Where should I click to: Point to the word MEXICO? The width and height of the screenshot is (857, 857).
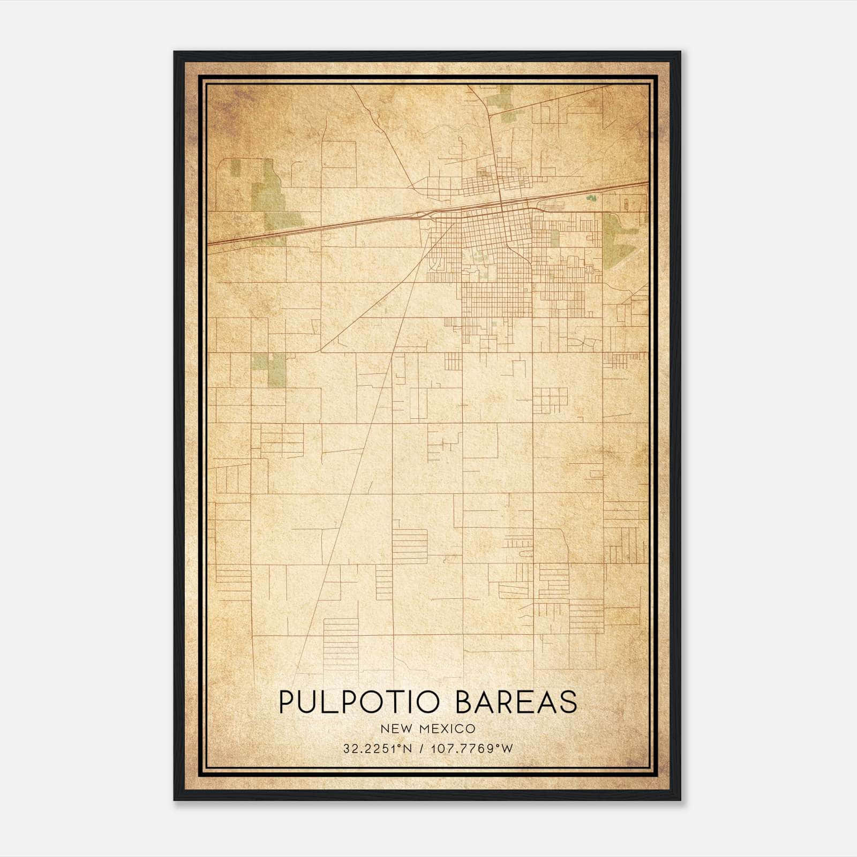point(449,729)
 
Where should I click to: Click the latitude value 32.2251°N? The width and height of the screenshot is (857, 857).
point(378,749)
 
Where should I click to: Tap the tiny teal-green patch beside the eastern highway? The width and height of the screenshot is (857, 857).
point(591,198)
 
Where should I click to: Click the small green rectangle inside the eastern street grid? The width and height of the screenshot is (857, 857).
point(554,238)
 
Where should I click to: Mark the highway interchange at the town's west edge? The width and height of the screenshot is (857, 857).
point(426,215)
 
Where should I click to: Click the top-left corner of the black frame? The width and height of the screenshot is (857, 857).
point(175,52)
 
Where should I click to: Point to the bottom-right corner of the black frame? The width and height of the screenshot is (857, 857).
point(680,800)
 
